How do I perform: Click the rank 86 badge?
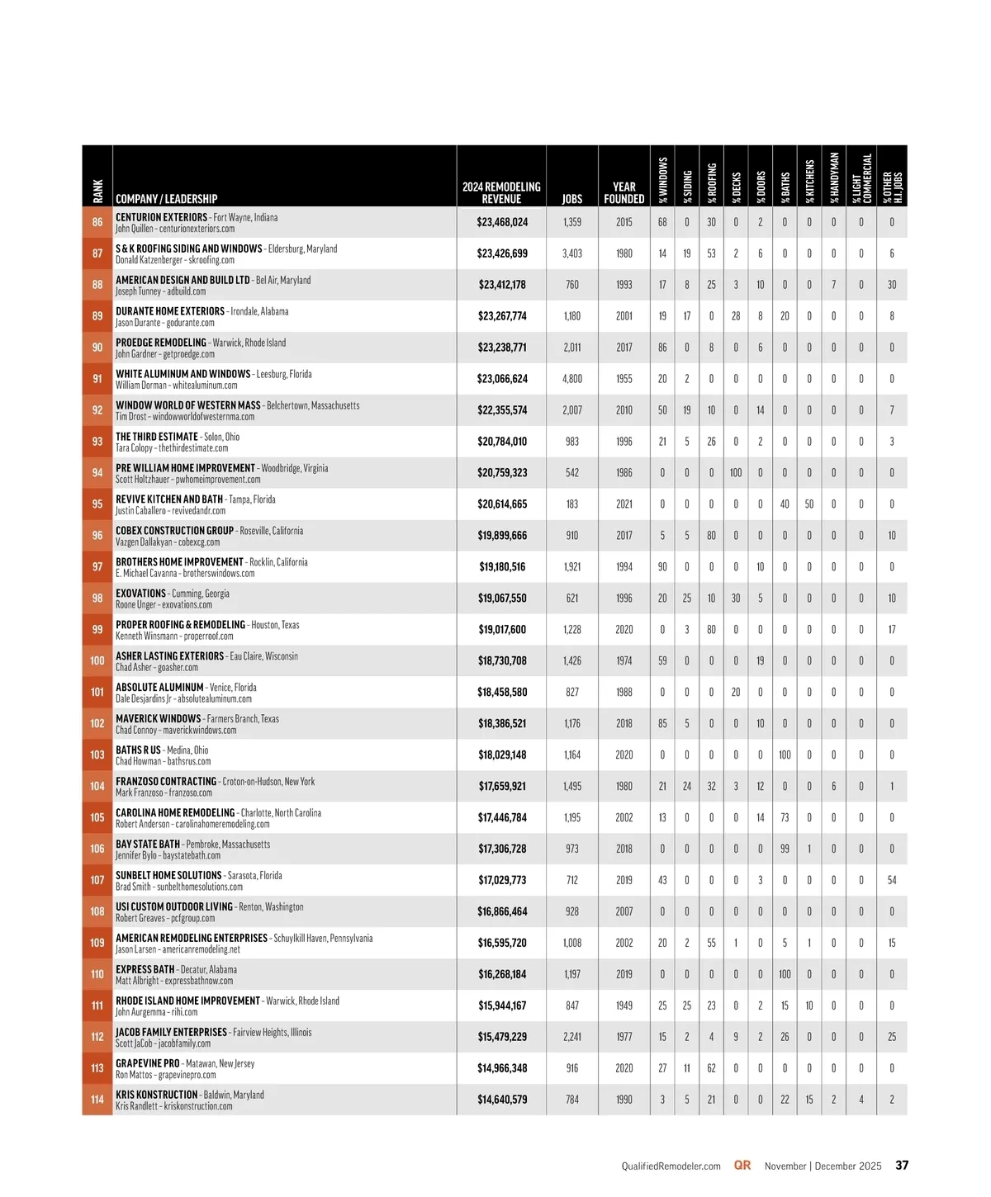97,222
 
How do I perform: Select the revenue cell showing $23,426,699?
502,253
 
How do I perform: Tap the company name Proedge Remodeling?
161,343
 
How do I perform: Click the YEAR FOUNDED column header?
624,192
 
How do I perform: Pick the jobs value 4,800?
572,379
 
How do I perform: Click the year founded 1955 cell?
624,379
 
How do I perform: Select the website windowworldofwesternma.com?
203,417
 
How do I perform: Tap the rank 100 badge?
97,660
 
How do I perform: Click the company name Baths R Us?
138,750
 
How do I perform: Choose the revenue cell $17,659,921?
502,786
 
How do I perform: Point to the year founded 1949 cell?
624,1005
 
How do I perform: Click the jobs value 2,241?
572,1037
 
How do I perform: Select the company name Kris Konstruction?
156,1095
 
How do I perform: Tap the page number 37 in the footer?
902,1166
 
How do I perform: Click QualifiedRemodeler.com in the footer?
671,1166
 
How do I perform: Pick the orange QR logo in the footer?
742,1166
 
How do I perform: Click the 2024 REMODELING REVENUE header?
501,192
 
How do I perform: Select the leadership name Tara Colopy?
134,448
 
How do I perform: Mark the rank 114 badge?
97,1100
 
